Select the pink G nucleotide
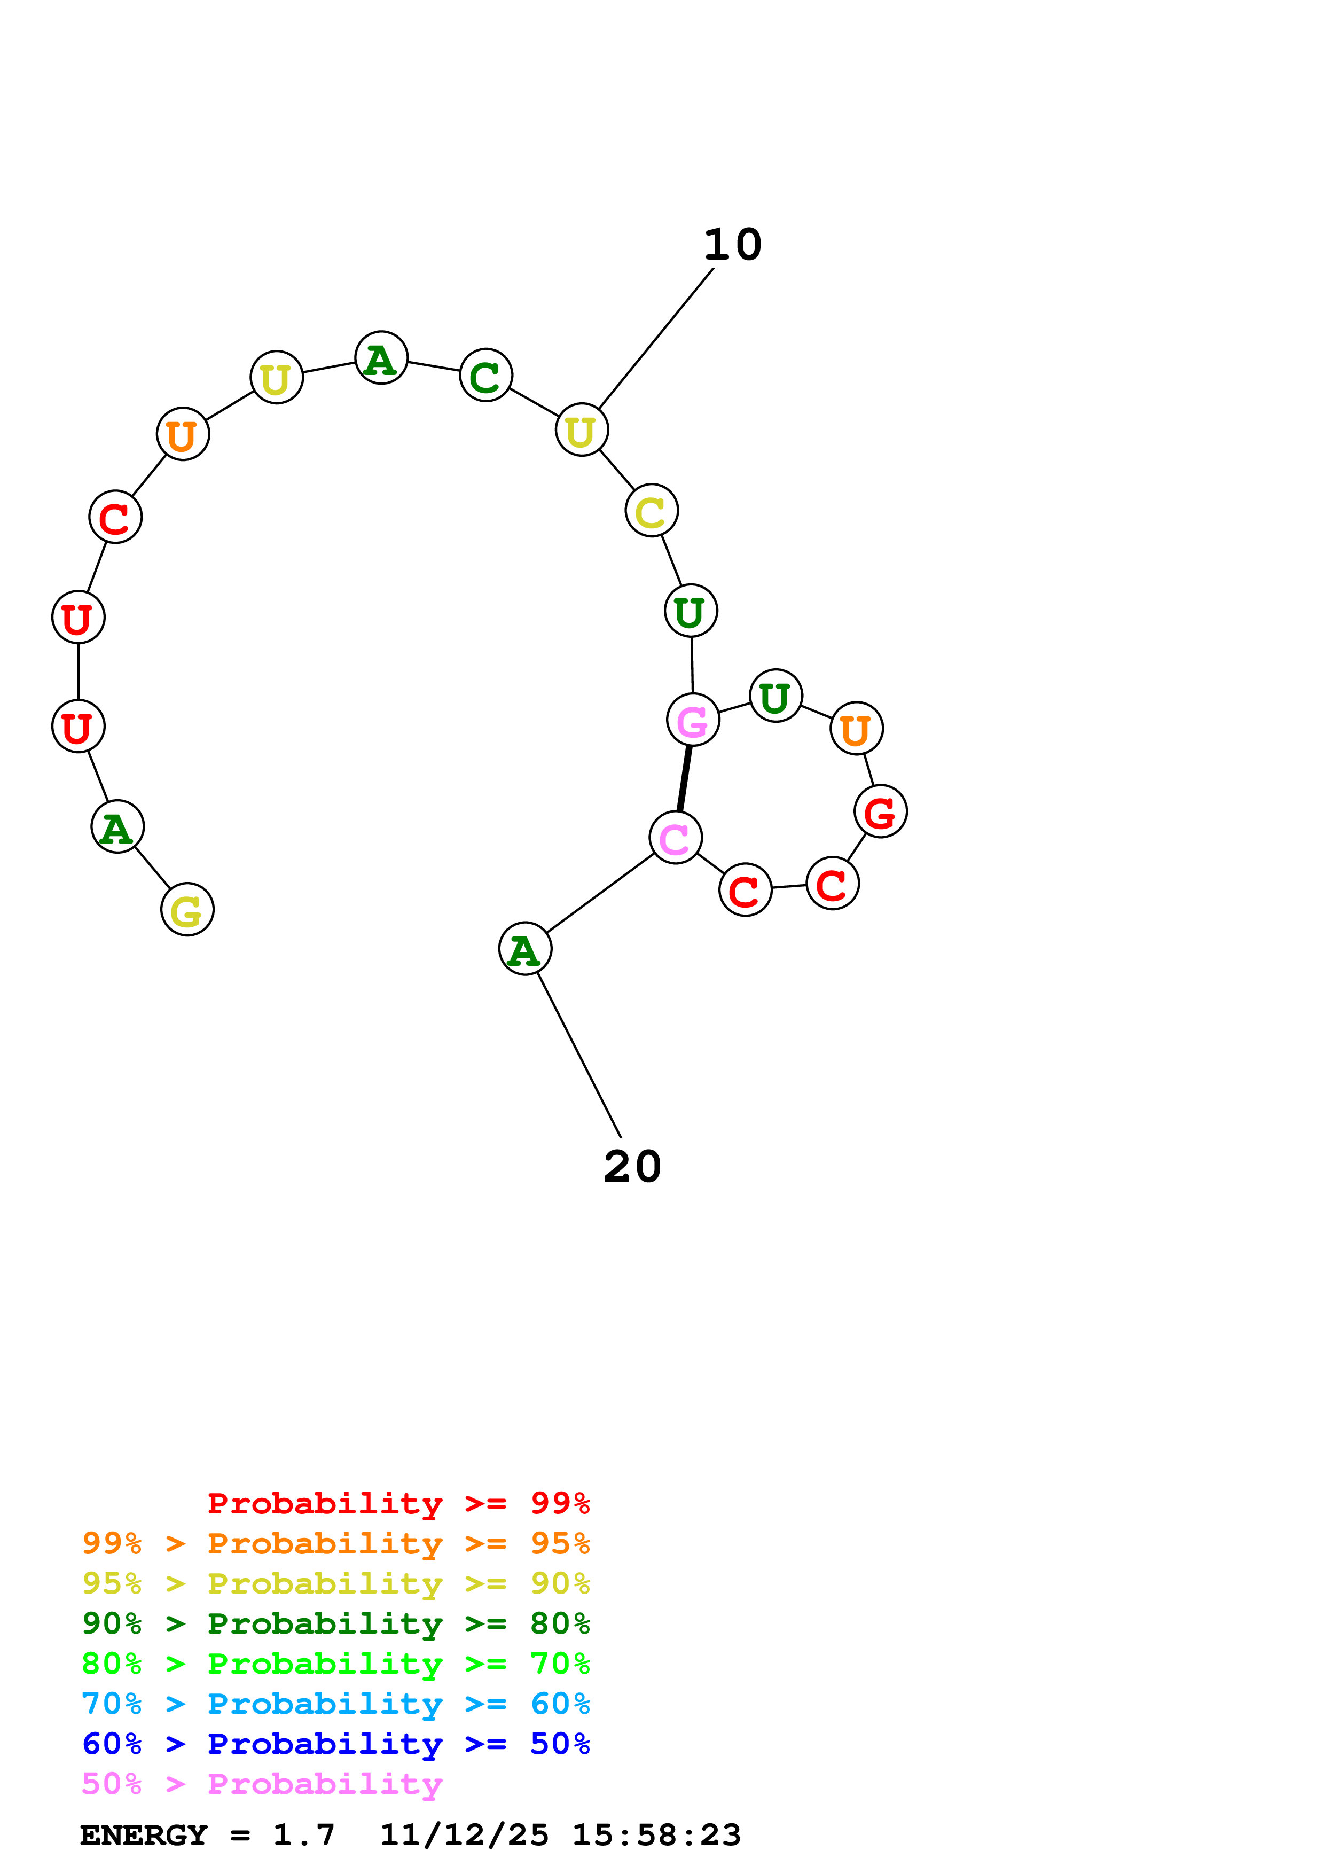[693, 720]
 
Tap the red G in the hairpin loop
[880, 811]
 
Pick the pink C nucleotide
[676, 838]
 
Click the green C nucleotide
[485, 376]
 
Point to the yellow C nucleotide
[651, 511]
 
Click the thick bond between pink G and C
[685, 779]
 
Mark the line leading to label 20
[579, 1055]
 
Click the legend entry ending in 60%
[335, 1704]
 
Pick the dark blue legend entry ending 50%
[335, 1744]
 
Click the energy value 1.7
[303, 1835]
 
